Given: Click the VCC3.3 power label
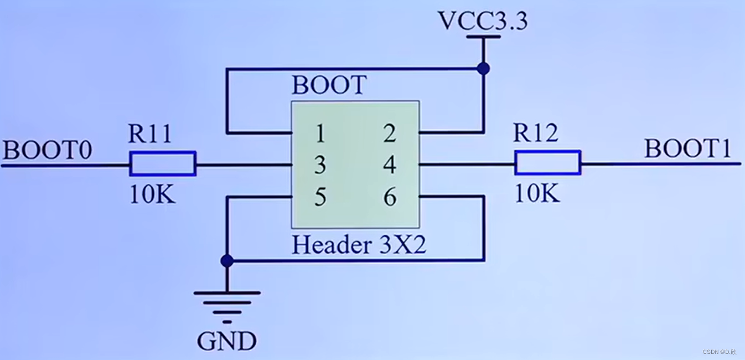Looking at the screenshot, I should [483, 22].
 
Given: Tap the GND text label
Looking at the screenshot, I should [227, 341].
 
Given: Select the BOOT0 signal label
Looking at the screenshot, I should [48, 151].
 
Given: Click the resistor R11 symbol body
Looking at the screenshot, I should [163, 164].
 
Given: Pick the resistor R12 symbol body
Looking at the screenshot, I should [547, 163].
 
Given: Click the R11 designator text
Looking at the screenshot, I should [150, 135].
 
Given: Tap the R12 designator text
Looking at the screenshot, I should [536, 133].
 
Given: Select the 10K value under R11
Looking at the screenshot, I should [152, 194].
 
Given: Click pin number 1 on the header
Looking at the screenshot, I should [319, 133].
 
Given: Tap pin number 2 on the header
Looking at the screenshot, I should [390, 133].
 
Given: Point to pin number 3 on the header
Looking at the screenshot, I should [319, 165].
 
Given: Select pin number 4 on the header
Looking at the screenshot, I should [390, 165].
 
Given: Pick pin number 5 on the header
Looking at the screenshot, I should [319, 197].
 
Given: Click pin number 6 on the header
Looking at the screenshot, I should [390, 197].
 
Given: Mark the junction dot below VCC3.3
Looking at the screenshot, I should [483, 69].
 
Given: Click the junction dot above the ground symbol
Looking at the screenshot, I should [226, 260].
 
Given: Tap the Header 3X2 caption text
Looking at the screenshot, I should [359, 245].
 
